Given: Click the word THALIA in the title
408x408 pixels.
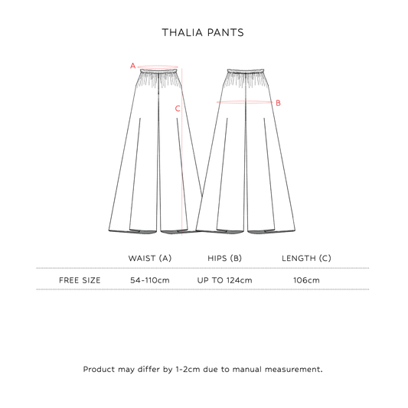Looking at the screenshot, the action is click(182, 32).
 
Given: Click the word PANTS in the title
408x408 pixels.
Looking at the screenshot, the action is click(226, 32).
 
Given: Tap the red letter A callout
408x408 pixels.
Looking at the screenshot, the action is click(133, 66).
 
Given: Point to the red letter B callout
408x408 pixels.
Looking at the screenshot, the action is click(278, 103).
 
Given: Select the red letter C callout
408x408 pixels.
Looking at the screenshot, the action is click(178, 109).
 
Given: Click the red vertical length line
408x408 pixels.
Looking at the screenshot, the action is click(182, 152).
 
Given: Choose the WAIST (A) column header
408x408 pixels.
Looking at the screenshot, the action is click(150, 258).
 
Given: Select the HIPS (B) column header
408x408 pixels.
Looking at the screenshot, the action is click(224, 258).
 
